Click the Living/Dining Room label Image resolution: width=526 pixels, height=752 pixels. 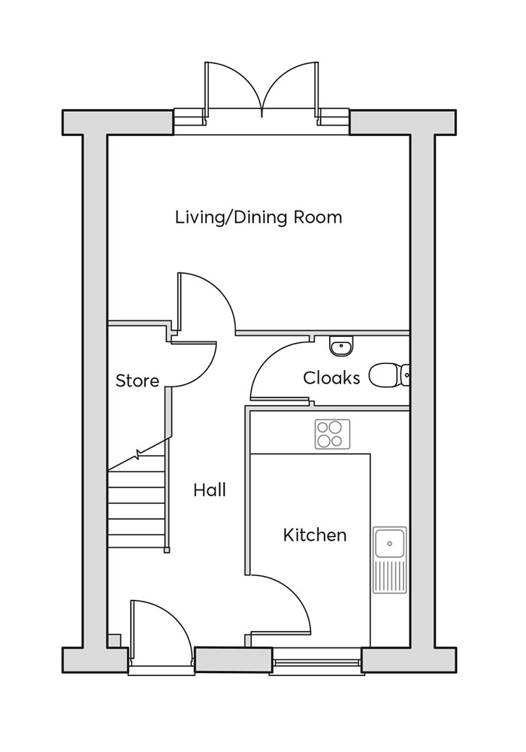pyautogui.click(x=258, y=218)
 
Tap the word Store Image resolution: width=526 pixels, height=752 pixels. pyautogui.click(x=138, y=381)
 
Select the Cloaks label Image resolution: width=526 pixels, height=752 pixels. pyautogui.click(x=331, y=378)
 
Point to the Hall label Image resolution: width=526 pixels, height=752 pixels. pyautogui.click(x=210, y=490)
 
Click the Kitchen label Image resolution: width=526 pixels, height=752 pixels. pyautogui.click(x=315, y=535)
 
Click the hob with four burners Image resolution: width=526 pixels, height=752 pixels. pyautogui.click(x=332, y=434)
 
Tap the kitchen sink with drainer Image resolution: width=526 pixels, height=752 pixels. pyautogui.click(x=390, y=559)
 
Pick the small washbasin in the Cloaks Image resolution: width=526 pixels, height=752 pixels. pyautogui.click(x=341, y=346)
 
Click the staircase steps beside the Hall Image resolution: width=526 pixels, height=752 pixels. pyautogui.click(x=136, y=504)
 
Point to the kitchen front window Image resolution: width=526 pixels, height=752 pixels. pyautogui.click(x=316, y=662)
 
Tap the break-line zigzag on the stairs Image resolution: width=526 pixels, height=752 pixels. pyautogui.click(x=140, y=455)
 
